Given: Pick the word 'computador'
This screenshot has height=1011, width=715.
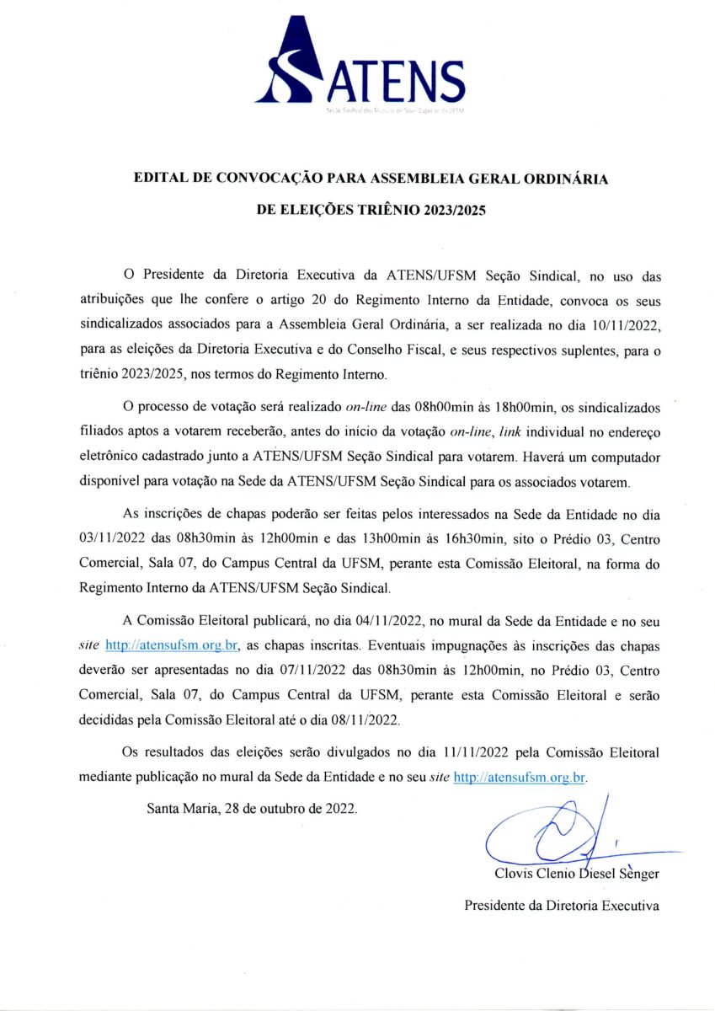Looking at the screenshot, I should (x=624, y=457).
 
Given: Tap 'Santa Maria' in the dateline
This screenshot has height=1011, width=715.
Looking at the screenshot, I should (x=183, y=808).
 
